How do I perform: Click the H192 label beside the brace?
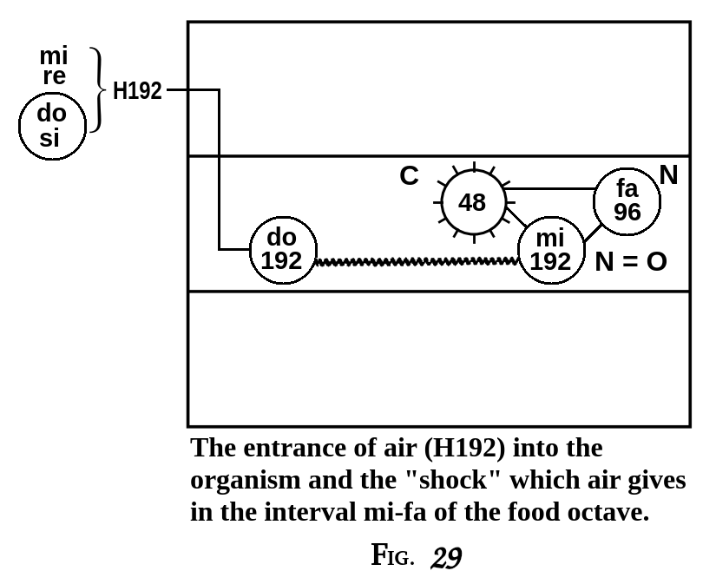[x=137, y=91]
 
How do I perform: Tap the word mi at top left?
[x=53, y=56]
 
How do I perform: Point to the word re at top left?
[x=54, y=76]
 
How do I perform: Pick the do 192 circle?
[x=282, y=250]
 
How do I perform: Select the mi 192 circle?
[x=551, y=250]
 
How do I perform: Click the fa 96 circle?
[x=627, y=201]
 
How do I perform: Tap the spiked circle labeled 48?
[x=472, y=202]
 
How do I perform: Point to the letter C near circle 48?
[x=409, y=176]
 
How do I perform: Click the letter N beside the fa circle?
[x=668, y=175]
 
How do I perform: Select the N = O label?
[x=631, y=261]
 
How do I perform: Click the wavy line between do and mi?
[x=417, y=260]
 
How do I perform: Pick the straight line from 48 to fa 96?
[x=548, y=188]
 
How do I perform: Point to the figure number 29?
[x=444, y=556]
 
